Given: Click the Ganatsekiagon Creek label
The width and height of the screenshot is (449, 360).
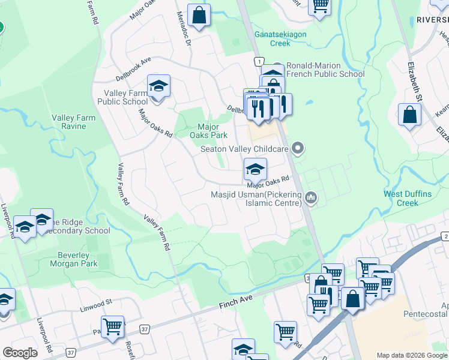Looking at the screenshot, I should (280, 38).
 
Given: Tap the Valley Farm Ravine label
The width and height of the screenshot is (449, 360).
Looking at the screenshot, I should (73, 122).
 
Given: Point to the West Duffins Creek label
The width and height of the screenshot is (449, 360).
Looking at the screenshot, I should (409, 198).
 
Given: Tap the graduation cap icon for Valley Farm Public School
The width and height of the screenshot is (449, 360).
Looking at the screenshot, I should (158, 87).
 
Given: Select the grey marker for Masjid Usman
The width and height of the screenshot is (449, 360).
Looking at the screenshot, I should (310, 197).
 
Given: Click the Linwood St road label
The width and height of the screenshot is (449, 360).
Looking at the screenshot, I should (96, 310).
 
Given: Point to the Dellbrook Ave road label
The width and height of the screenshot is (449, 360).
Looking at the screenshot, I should (134, 64).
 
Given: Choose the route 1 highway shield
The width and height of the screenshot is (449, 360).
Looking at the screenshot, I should (259, 61).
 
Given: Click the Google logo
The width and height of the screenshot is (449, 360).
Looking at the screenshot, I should (20, 353).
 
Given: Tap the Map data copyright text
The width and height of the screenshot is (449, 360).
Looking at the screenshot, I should (412, 355).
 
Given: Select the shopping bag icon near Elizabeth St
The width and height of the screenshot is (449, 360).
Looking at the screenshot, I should (409, 114).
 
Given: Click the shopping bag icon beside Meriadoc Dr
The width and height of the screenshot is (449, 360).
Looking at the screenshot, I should (199, 15).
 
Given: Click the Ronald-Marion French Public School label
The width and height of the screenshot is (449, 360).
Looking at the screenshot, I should (325, 70).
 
